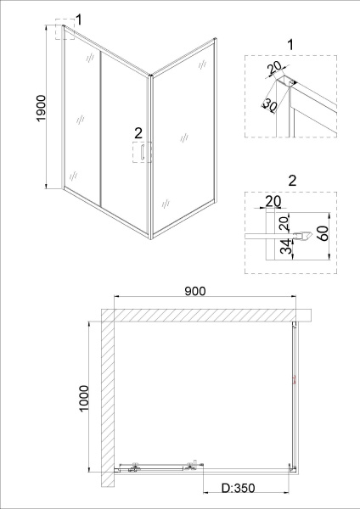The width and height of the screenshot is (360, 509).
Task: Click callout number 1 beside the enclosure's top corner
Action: pyautogui.click(x=78, y=19)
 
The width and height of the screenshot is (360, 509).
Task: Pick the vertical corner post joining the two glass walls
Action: pyautogui.click(x=150, y=153)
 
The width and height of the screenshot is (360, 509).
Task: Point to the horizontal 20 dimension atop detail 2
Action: pyautogui.click(x=273, y=200)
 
